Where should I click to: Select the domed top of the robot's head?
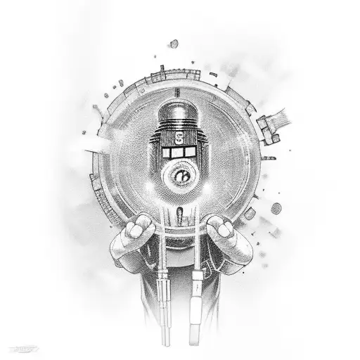[x=179, y=112]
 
